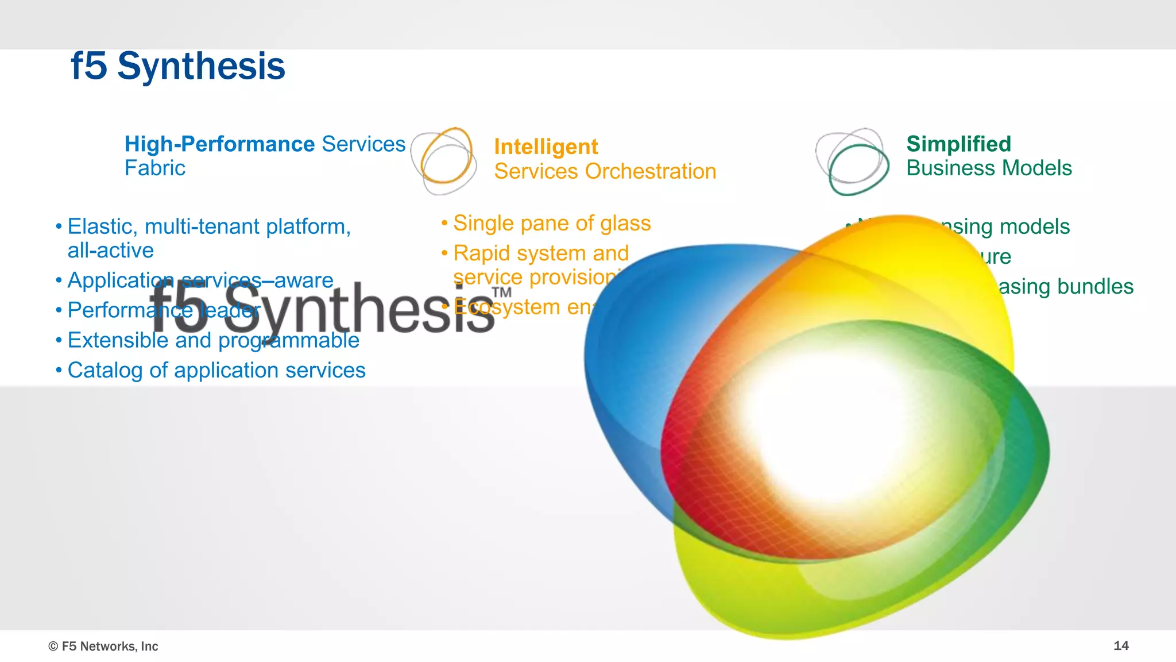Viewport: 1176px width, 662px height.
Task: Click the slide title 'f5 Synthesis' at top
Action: click(177, 66)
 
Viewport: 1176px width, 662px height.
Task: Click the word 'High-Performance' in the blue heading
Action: click(220, 144)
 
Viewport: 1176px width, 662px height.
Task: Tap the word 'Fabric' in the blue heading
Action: click(155, 168)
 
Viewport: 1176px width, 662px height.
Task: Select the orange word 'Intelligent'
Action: click(546, 147)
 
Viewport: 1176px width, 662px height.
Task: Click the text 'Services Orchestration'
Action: click(605, 171)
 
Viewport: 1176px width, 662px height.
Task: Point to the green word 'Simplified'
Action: click(958, 144)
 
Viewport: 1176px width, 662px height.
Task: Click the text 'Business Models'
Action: click(989, 168)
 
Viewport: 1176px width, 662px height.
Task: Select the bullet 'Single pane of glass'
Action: click(551, 223)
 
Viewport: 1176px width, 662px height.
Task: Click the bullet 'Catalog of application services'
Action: click(216, 370)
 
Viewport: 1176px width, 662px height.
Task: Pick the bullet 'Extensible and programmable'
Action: click(213, 340)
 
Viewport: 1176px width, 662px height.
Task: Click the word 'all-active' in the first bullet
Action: click(110, 251)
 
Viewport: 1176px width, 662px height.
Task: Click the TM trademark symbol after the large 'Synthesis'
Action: click(501, 292)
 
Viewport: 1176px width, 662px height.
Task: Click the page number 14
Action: click(1121, 645)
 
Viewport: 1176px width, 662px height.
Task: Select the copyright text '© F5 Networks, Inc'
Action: click(103, 646)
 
